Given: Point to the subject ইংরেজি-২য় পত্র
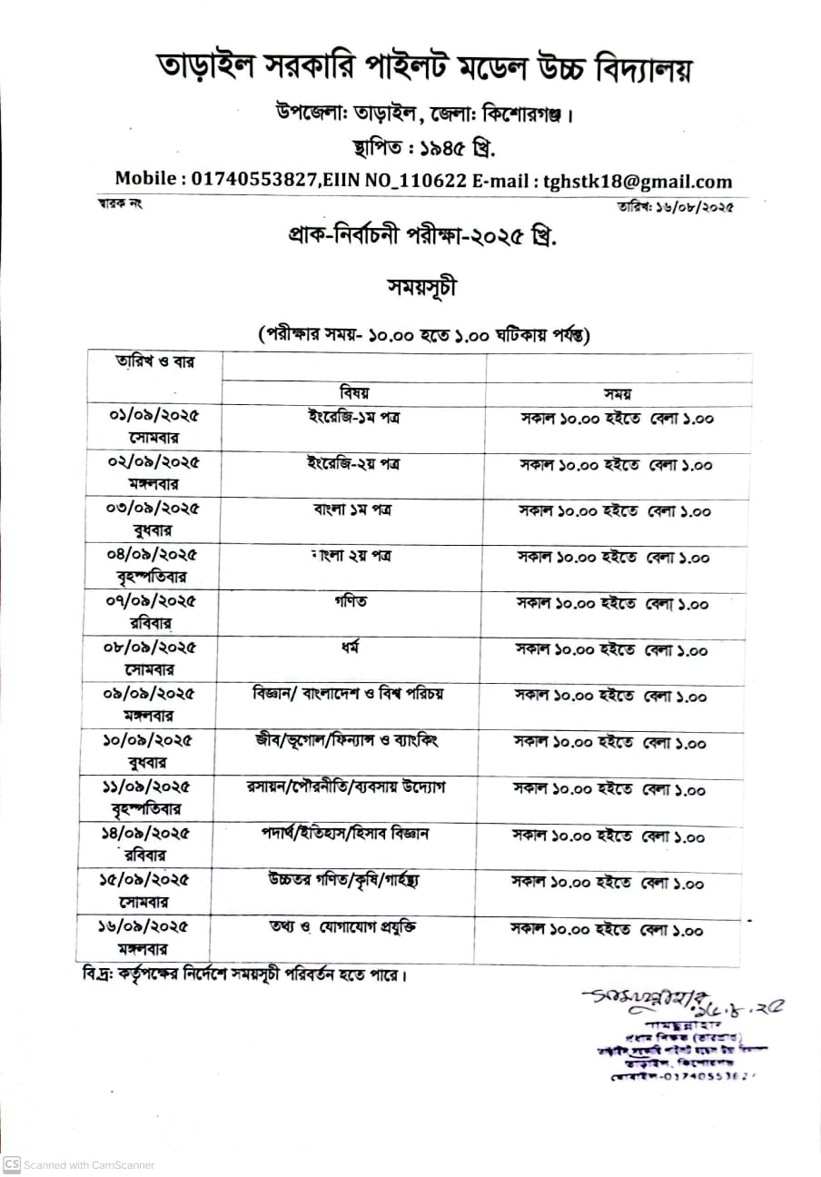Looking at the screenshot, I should click(x=353, y=462).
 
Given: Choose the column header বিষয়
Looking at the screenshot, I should click(x=354, y=392).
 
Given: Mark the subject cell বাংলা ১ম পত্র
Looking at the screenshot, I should click(x=353, y=509).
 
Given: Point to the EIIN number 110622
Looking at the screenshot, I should click(x=432, y=181).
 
